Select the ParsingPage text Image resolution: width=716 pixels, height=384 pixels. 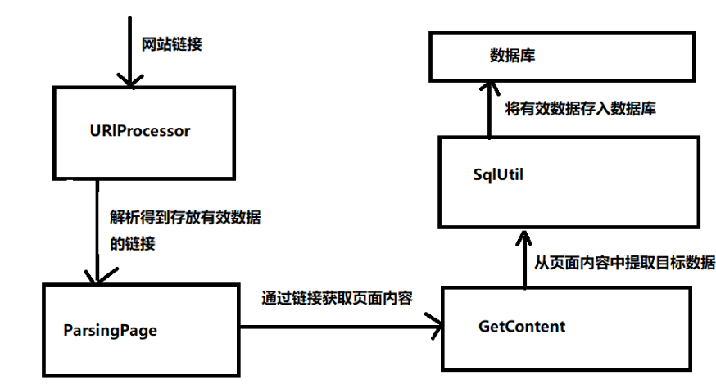110,331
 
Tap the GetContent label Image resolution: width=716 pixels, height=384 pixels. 521,326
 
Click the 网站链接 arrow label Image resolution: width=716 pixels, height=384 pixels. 172,44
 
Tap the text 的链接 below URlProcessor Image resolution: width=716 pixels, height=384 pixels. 132,245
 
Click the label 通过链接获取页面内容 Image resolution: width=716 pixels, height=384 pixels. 336,299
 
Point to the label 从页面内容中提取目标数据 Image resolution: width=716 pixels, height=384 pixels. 624,263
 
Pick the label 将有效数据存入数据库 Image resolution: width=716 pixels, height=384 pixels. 580,108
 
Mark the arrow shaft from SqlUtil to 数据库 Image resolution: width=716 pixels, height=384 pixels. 489,111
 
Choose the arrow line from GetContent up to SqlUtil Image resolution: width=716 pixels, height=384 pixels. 523,266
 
